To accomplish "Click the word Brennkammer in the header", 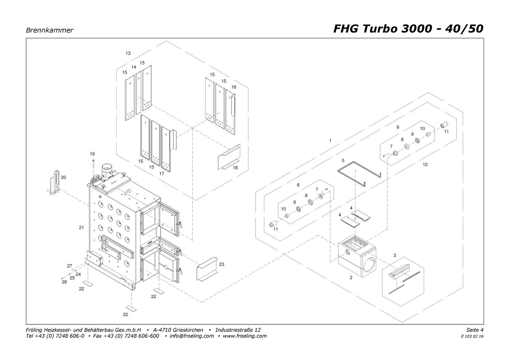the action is [49, 30].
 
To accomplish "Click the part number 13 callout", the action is [128, 53].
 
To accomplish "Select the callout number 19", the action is [92, 154].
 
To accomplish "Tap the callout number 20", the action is [64, 177].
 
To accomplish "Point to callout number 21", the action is [81, 227].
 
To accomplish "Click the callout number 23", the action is [222, 264].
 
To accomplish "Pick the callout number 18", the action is [235, 168].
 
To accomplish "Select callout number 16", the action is [234, 87].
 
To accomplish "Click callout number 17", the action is [162, 173].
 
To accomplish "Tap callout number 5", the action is [343, 161].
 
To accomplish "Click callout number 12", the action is [425, 164].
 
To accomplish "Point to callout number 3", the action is [395, 255].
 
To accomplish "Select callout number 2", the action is [351, 278].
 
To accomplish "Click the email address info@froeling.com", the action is [192, 336].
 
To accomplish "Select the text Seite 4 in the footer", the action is [475, 330].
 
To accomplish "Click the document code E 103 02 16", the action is [472, 337].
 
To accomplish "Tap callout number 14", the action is [134, 67].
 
